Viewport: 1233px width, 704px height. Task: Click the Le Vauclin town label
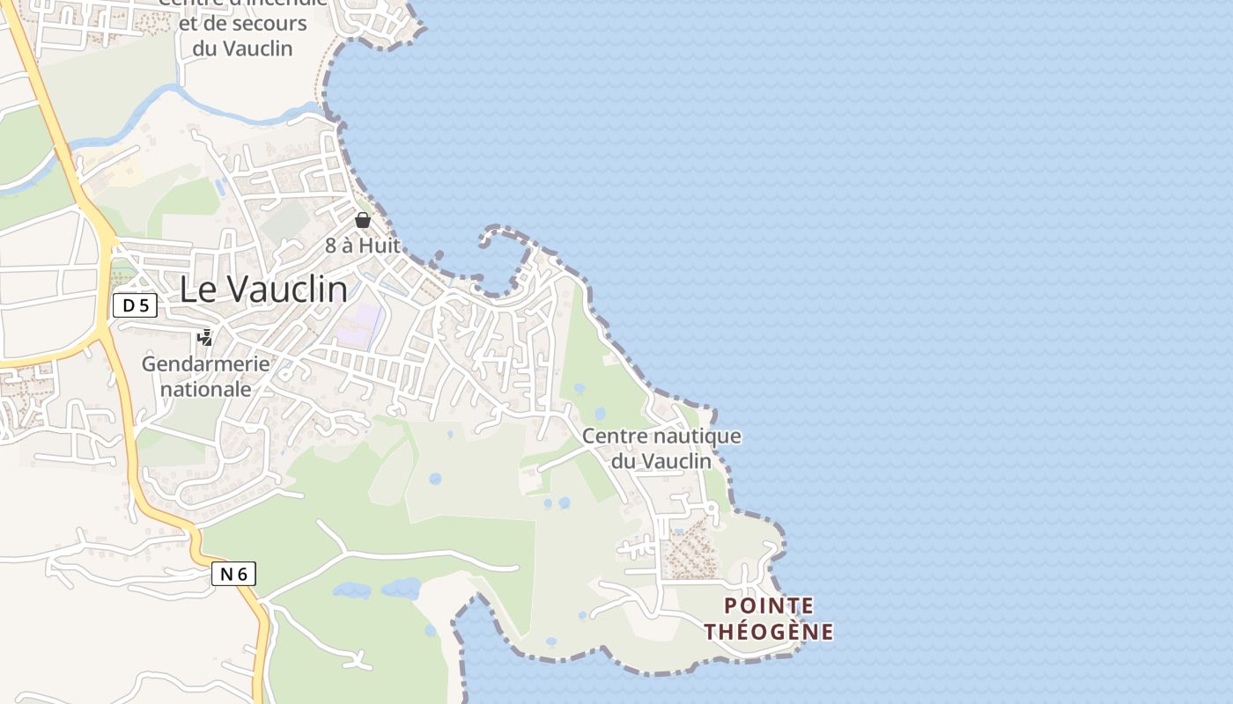tap(262, 290)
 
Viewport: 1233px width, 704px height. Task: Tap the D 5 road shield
tap(135, 305)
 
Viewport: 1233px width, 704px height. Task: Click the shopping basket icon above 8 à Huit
tap(363, 220)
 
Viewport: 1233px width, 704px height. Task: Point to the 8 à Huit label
tap(363, 246)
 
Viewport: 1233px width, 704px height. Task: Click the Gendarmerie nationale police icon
tap(205, 337)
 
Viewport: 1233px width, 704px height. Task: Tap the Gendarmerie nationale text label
tap(206, 376)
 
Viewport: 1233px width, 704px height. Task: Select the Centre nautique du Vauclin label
tap(661, 448)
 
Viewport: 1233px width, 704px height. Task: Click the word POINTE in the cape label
tap(769, 605)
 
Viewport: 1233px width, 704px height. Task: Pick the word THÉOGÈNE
tap(769, 631)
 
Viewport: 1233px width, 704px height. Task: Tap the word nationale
tap(206, 389)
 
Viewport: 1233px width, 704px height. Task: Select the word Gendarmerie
tap(206, 363)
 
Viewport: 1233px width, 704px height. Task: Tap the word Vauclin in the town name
tap(284, 290)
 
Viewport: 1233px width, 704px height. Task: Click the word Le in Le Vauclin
tap(195, 290)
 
